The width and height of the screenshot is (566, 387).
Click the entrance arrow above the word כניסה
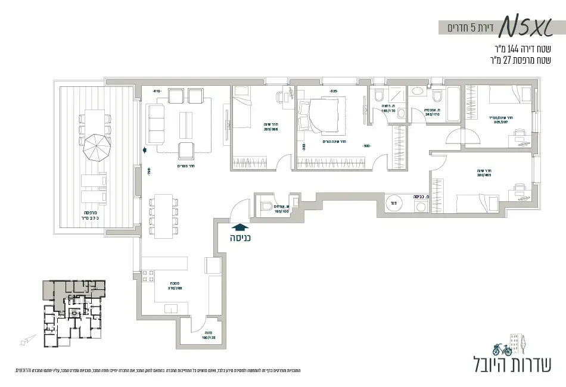click(x=240, y=226)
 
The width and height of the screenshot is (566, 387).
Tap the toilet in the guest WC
click(x=266, y=207)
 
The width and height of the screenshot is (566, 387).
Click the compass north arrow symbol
click(x=24, y=341)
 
